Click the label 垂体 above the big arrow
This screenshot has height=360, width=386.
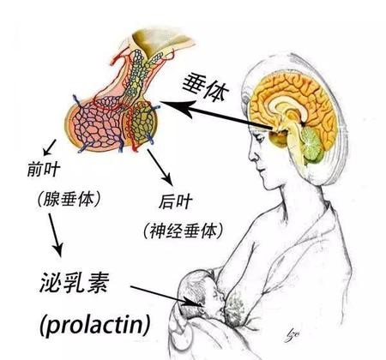click(x=205, y=87)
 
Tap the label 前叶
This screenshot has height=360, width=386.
click(x=44, y=170)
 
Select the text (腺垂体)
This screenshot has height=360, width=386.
click(x=69, y=199)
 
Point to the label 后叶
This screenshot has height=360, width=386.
click(x=176, y=201)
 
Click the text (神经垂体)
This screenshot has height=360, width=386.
click(x=183, y=231)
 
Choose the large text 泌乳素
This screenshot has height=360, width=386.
click(x=75, y=282)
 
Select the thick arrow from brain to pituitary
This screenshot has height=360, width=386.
click(x=216, y=115)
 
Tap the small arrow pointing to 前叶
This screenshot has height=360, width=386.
click(x=49, y=147)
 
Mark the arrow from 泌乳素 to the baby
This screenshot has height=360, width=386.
click(x=166, y=297)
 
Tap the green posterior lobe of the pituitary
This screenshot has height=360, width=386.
click(x=142, y=122)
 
